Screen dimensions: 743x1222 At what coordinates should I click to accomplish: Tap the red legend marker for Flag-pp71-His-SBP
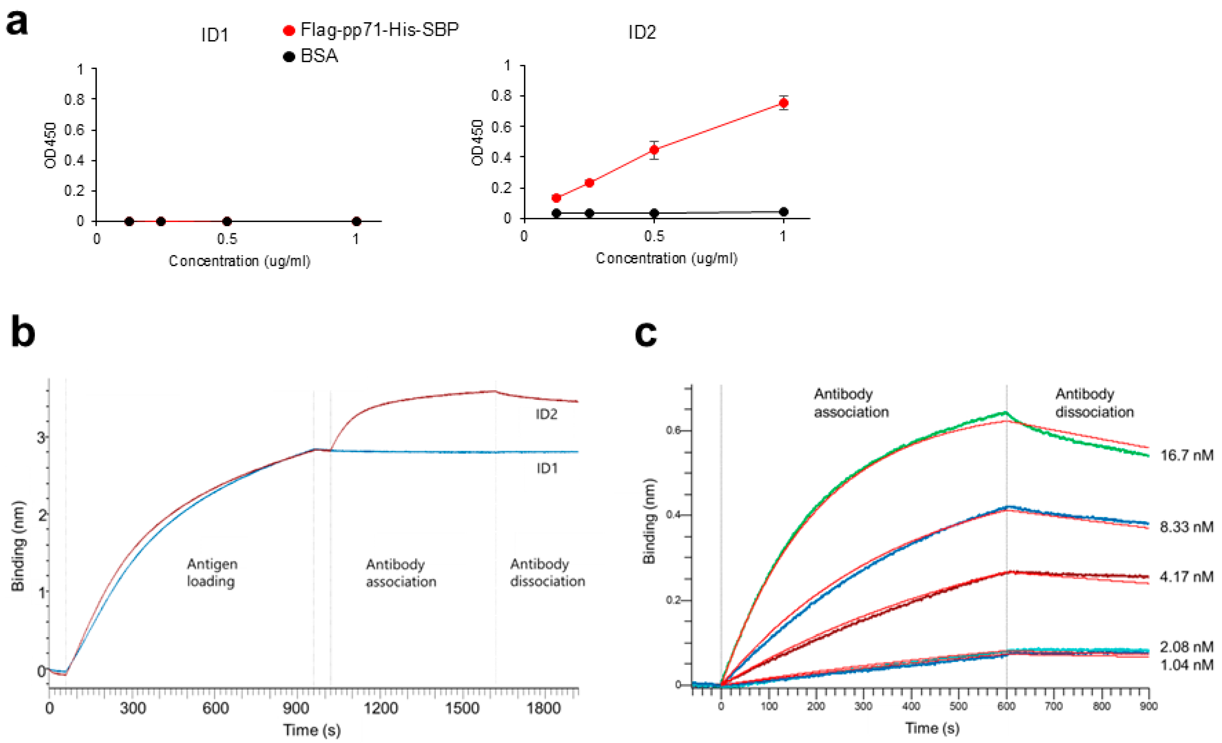click(x=289, y=31)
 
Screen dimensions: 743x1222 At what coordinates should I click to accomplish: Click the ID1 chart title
click(x=215, y=35)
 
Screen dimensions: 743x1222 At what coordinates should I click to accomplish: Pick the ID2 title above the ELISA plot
click(x=642, y=33)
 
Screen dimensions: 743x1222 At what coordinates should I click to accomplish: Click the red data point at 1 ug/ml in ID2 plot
click(x=783, y=103)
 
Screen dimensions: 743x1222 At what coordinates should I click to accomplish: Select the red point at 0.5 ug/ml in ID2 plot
click(x=654, y=150)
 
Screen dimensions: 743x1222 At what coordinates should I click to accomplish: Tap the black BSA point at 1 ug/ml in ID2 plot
click(x=783, y=212)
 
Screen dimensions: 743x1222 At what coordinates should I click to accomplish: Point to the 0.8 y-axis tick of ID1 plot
click(x=74, y=100)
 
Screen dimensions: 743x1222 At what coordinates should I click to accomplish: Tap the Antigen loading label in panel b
click(x=212, y=572)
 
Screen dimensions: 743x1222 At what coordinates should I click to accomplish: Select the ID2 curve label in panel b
click(x=546, y=414)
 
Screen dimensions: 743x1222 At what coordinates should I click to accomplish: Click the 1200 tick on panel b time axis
click(x=380, y=708)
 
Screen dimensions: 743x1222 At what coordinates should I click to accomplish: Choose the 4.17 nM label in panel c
click(x=1186, y=576)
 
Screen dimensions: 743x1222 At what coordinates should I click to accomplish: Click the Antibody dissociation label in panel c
click(x=1094, y=403)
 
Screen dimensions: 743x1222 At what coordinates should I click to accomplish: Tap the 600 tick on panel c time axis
click(x=1006, y=706)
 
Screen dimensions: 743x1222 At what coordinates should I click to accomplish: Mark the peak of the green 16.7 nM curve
click(x=1005, y=413)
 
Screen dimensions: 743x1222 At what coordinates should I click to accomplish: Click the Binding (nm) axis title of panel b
click(x=18, y=546)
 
